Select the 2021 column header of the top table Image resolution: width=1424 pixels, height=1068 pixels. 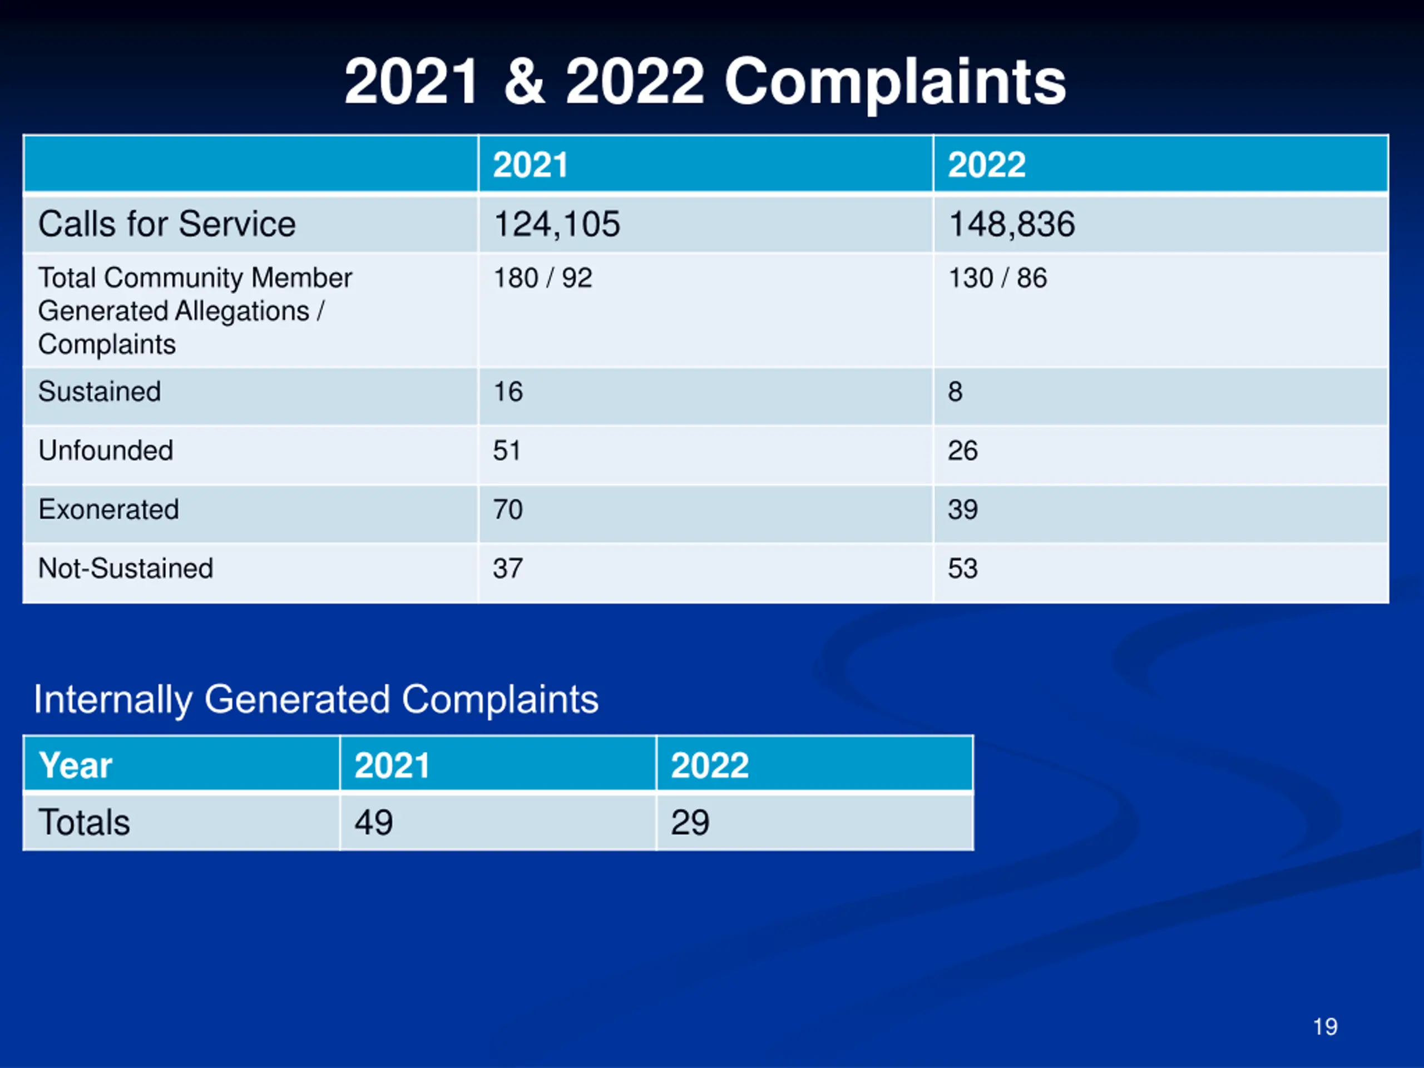pyautogui.click(x=531, y=165)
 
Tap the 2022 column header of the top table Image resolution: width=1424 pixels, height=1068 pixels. pyautogui.click(x=986, y=165)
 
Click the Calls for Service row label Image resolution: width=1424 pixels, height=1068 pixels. pyautogui.click(x=167, y=224)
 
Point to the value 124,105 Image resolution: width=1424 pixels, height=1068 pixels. pyautogui.click(x=556, y=224)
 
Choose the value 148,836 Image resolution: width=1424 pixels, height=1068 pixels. pyautogui.click(x=1011, y=224)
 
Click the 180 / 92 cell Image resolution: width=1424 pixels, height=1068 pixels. pyautogui.click(x=542, y=278)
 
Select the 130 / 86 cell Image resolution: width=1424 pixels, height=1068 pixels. pyautogui.click(x=997, y=278)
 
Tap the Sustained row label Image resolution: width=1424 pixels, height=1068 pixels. pyautogui.click(x=99, y=392)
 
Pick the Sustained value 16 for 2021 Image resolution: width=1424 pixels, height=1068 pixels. pyautogui.click(x=508, y=392)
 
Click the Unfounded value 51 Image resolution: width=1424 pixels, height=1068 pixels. pyautogui.click(x=507, y=451)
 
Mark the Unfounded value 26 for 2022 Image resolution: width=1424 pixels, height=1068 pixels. pyautogui.click(x=962, y=451)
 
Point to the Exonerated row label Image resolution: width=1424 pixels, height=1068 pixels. pyautogui.click(x=108, y=509)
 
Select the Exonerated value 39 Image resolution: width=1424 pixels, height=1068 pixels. pyautogui.click(x=962, y=509)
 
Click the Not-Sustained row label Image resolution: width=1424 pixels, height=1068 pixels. pyautogui.click(x=126, y=568)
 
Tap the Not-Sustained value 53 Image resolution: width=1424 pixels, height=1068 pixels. pyautogui.click(x=962, y=568)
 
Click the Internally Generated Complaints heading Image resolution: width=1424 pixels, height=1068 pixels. pyautogui.click(x=316, y=699)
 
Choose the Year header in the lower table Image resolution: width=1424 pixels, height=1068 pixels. pyautogui.click(x=75, y=765)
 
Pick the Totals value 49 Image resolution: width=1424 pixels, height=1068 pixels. pyautogui.click(x=373, y=822)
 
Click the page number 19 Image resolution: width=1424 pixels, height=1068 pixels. pyautogui.click(x=1325, y=1027)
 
